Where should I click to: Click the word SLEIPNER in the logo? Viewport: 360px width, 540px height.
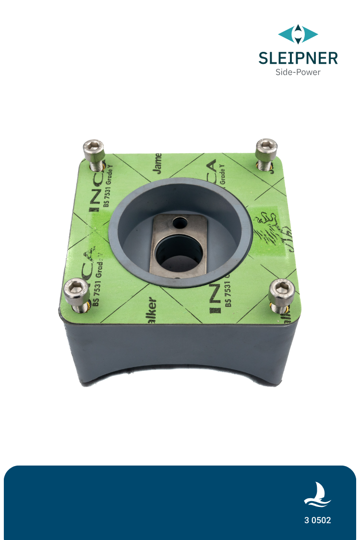298,58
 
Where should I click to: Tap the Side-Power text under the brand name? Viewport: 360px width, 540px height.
298,72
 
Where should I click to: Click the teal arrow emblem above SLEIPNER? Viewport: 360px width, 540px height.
298,34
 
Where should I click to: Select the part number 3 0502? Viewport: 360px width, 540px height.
317,520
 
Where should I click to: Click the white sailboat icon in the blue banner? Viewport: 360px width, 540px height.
317,495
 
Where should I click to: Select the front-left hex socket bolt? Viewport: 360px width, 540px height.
77,289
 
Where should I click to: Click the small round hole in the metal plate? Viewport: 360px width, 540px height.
180,222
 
